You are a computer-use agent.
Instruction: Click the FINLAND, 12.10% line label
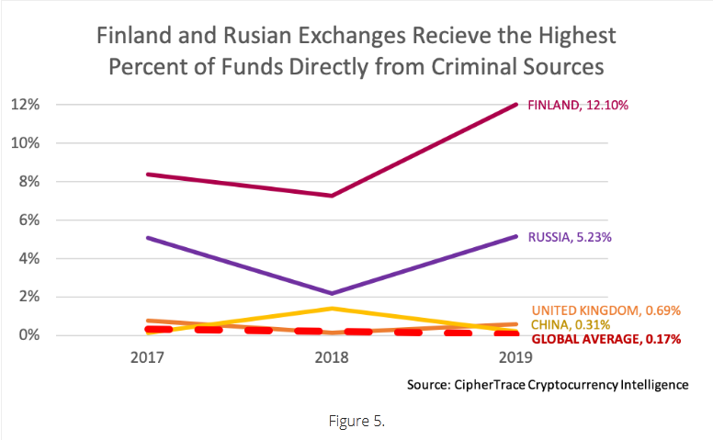(x=578, y=106)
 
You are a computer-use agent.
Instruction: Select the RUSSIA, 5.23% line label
(x=570, y=237)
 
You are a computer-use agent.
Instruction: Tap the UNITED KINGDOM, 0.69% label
(x=606, y=310)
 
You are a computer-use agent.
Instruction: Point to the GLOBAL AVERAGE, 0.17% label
(x=606, y=339)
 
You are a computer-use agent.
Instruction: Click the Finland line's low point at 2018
(x=332, y=196)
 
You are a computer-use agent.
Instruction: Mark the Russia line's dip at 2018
(x=332, y=293)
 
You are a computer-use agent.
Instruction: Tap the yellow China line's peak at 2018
(x=332, y=308)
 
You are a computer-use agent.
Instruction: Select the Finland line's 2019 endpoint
(x=516, y=104)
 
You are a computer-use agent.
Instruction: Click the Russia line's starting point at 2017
(x=147, y=237)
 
